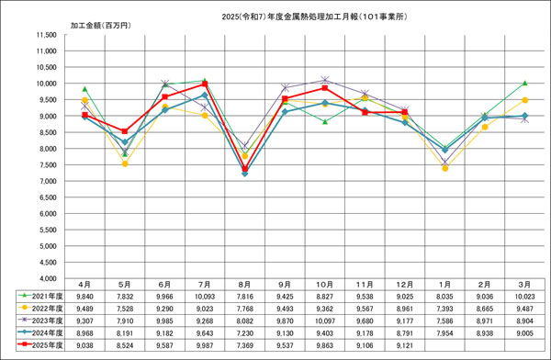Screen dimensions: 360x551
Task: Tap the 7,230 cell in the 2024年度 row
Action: point(243,335)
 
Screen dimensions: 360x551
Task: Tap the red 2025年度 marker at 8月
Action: point(244,169)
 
